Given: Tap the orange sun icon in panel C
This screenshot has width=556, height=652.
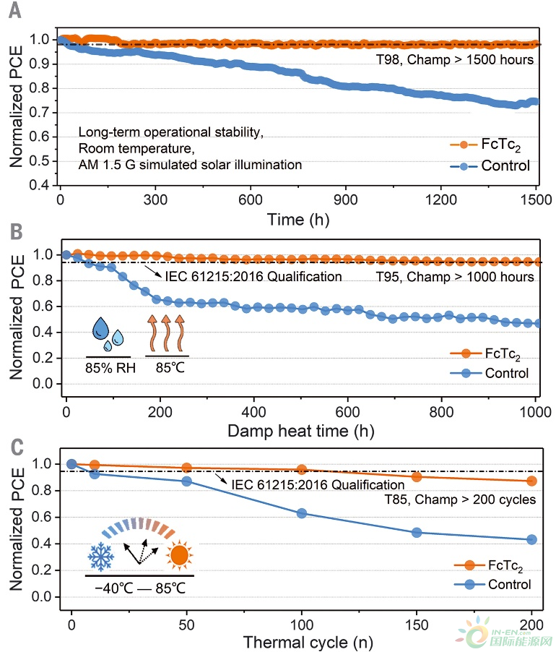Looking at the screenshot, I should [x=179, y=557].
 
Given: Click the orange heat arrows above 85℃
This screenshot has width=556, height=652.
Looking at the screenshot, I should [x=167, y=333].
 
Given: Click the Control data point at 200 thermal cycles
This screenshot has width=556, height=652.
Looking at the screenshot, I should [x=531, y=539].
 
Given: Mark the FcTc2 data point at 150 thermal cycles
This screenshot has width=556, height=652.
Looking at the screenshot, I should [x=417, y=476].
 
